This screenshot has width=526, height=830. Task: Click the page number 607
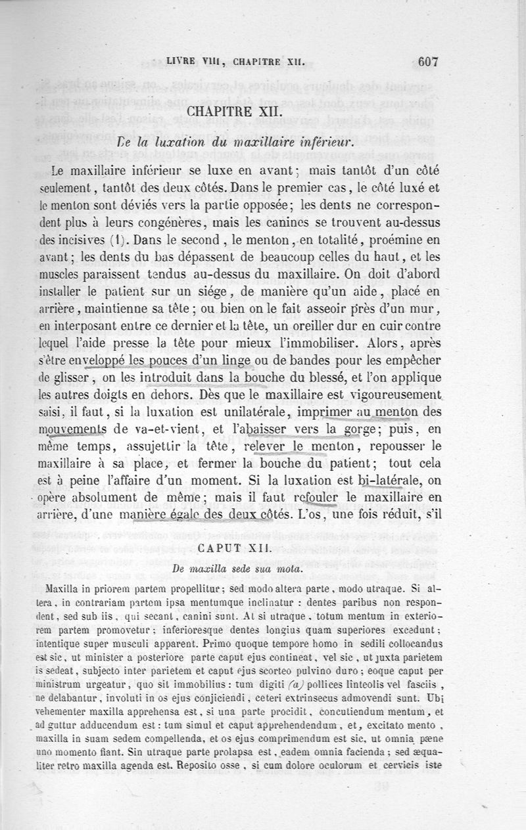pyautogui.click(x=427, y=62)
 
